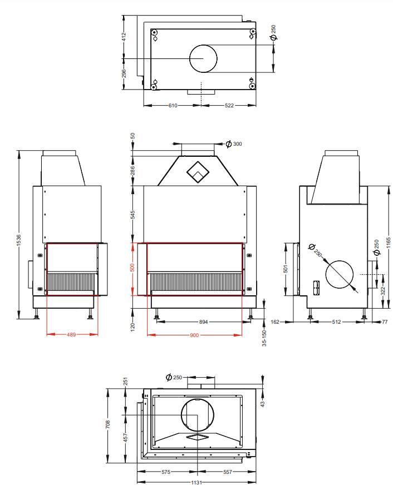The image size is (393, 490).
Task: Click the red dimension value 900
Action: coord(194,335)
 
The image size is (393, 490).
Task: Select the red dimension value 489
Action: coord(71,334)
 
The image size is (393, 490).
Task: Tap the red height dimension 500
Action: coord(132,268)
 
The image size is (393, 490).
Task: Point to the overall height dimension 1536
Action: coord(19,240)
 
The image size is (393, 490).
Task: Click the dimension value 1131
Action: coord(196,483)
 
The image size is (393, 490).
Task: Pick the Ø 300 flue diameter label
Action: coord(234,143)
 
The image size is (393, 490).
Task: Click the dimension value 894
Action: coord(204,321)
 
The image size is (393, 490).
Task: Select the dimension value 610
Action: coord(173,105)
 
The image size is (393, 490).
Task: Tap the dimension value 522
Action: coord(229,105)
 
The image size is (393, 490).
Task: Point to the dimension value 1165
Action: coord(389,243)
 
